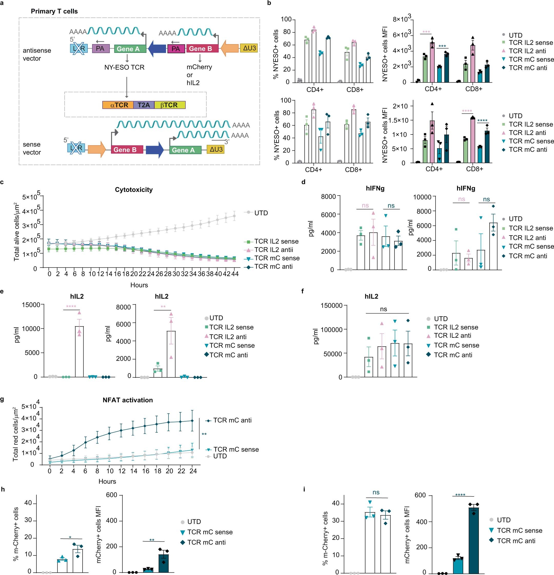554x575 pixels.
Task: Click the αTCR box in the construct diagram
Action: tap(118, 105)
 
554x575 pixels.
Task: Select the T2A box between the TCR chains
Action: tap(143, 105)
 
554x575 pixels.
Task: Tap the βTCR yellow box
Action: tap(169, 105)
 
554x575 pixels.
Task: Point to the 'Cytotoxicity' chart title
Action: tap(134, 190)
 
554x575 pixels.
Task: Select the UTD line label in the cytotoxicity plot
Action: tap(261, 213)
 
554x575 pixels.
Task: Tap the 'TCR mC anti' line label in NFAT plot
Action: tap(232, 420)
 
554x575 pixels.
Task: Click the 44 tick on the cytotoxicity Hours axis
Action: tap(235, 274)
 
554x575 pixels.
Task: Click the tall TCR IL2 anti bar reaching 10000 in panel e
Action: tap(79, 352)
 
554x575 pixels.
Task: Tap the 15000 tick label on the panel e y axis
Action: tap(31, 305)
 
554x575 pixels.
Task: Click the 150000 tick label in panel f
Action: tap(331, 306)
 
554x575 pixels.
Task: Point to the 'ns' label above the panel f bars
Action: tap(383, 309)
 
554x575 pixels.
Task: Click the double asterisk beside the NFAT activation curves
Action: tap(204, 434)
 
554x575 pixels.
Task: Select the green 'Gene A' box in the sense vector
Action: tap(183, 150)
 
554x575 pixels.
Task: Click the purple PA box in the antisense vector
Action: tap(100, 48)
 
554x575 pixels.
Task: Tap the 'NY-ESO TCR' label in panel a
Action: tap(124, 67)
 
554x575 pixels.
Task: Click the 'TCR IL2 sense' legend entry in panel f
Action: tap(456, 327)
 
